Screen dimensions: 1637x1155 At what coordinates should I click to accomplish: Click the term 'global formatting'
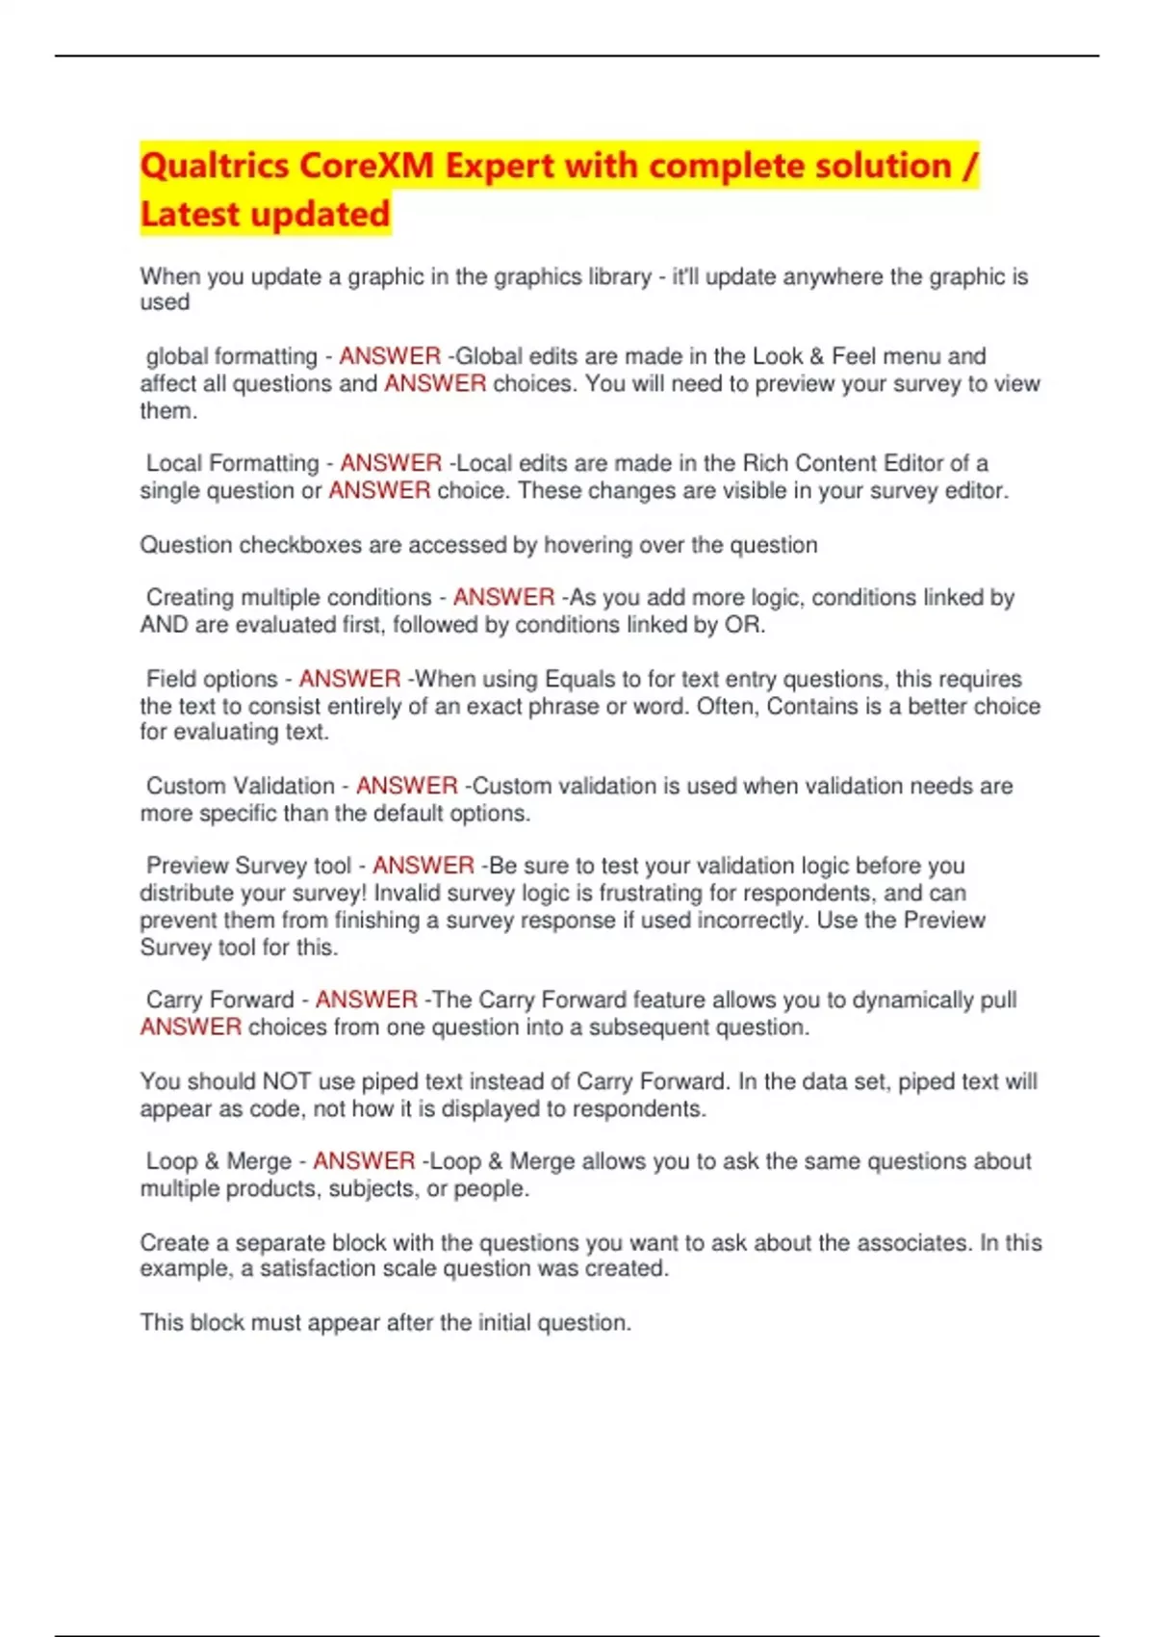[x=231, y=356]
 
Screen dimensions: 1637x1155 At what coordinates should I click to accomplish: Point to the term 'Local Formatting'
[x=232, y=463]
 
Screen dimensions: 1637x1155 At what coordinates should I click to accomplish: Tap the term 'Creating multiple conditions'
[x=289, y=597]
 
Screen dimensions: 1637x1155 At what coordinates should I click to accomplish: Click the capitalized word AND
[x=164, y=625]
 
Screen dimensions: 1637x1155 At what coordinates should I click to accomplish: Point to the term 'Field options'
[x=212, y=679]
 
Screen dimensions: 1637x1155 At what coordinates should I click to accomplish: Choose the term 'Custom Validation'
[x=241, y=786]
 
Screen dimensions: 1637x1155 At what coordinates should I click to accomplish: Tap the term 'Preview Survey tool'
[x=248, y=866]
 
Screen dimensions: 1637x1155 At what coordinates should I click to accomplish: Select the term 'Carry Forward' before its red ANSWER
[x=219, y=1000]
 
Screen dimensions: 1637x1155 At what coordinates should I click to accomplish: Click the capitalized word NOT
[x=287, y=1081]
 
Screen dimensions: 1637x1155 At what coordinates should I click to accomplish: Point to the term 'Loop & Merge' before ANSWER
[x=218, y=1161]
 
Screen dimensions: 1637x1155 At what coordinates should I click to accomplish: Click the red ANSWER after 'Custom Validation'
[x=406, y=786]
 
